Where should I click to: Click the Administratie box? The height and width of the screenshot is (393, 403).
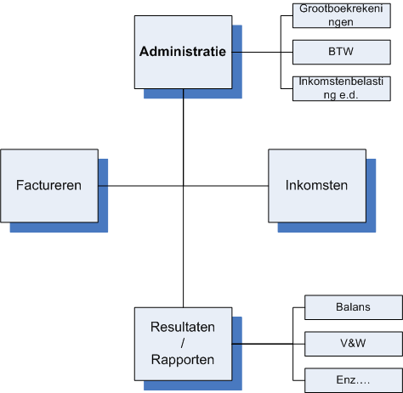click(183, 52)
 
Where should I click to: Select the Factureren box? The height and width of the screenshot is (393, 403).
click(49, 186)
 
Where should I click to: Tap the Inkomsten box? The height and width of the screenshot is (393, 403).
click(317, 186)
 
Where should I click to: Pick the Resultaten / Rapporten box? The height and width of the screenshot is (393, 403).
click(183, 344)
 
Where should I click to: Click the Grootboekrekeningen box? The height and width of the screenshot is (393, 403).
click(342, 15)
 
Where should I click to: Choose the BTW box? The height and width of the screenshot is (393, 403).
click(342, 52)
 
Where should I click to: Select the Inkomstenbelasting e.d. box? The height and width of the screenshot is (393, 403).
click(342, 88)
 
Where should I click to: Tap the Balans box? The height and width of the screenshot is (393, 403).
click(354, 307)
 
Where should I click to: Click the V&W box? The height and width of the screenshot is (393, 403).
click(354, 344)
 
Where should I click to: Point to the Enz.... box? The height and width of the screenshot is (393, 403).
click(354, 380)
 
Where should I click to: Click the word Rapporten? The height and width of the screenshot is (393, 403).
click(183, 360)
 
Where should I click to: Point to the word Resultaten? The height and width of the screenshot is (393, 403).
click(183, 327)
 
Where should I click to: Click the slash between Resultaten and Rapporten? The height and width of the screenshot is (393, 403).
click(183, 344)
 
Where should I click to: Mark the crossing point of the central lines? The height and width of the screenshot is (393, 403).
click(184, 186)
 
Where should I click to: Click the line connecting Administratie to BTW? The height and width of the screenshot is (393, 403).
click(263, 52)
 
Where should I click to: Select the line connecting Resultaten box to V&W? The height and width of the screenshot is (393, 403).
click(269, 344)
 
